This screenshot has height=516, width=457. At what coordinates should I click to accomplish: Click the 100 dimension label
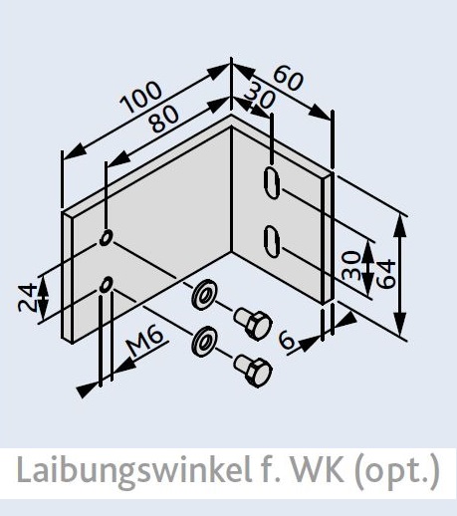pyautogui.click(x=141, y=97)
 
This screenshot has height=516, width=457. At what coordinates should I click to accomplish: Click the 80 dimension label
pyautogui.click(x=163, y=119)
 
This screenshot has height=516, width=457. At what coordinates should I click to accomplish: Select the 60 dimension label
pyautogui.click(x=288, y=79)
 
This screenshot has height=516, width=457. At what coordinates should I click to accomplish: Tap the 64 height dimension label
pyautogui.click(x=386, y=274)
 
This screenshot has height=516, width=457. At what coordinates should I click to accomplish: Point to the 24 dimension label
pyautogui.click(x=27, y=297)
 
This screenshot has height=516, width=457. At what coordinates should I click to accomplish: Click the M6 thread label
pyautogui.click(x=145, y=343)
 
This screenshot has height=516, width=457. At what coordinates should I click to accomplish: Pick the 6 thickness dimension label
pyautogui.click(x=287, y=341)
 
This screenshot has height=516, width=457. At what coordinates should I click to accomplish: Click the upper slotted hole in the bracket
pyautogui.click(x=272, y=183)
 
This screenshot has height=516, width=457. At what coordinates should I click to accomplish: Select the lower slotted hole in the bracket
pyautogui.click(x=272, y=241)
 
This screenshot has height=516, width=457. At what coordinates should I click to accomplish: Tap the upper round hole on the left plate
pyautogui.click(x=107, y=237)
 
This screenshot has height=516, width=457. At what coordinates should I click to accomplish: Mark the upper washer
pyautogui.click(x=203, y=295)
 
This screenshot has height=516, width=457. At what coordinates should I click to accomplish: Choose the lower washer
pyautogui.click(x=203, y=342)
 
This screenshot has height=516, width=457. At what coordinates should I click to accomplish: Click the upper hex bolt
pyautogui.click(x=253, y=324)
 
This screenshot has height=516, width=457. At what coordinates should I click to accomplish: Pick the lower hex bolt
pyautogui.click(x=253, y=371)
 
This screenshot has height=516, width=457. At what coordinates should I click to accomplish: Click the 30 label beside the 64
pyautogui.click(x=351, y=266)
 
